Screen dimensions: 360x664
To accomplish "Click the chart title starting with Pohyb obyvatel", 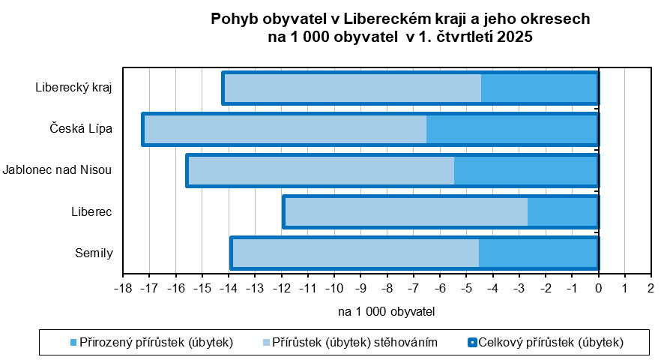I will pos(400,28).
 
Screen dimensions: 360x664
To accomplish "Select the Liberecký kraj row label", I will pos(73,87).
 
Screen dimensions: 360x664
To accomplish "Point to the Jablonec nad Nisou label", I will pos(57,169).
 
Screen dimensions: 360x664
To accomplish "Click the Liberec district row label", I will pos(92,211).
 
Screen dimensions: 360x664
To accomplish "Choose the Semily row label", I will pos(94,253).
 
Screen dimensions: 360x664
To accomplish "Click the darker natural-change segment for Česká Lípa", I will pos(512,129).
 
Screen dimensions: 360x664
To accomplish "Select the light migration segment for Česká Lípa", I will pos(285,129).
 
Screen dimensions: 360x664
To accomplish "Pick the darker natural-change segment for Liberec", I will pos(562,211).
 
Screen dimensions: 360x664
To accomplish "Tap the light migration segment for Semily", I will pos(356,253).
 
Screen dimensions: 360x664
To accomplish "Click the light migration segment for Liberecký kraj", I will pos(352,88).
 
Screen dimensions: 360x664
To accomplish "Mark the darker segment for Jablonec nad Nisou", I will pos(525,170).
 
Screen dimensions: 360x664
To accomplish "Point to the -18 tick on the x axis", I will pos(123,286).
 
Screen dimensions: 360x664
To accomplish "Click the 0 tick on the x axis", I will pos(598,286).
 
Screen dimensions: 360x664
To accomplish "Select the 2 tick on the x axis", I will pos(651,286).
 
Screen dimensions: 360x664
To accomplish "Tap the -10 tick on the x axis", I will pos(334,286).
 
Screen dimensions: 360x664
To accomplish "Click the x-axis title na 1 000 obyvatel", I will pos(387,310).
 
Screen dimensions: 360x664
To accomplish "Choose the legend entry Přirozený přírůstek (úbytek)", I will pos(152,343).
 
